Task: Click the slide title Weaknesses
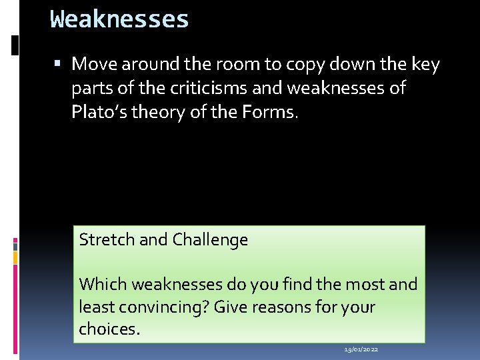click(119, 19)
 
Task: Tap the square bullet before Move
click(59, 64)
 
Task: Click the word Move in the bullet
click(94, 64)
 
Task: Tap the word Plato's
click(100, 111)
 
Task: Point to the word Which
click(103, 284)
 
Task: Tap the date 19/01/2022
click(361, 349)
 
